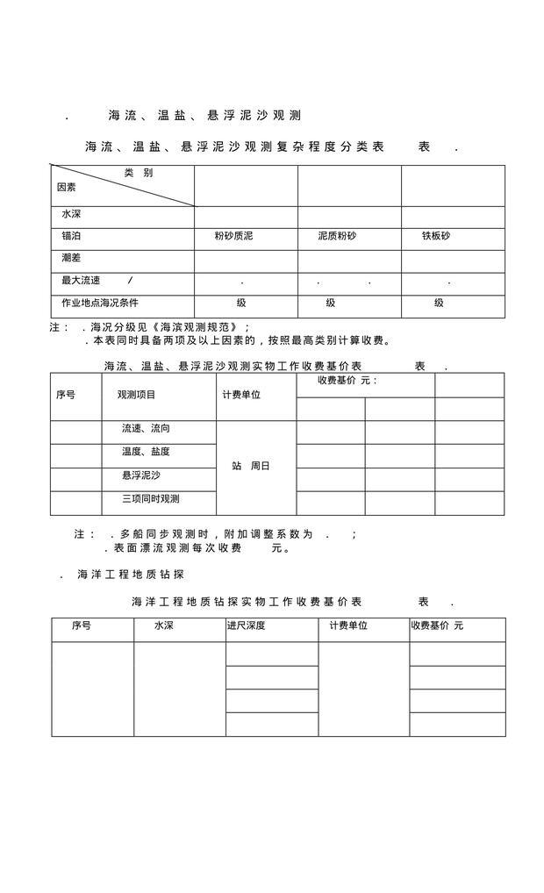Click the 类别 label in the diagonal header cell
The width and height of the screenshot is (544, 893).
(139, 173)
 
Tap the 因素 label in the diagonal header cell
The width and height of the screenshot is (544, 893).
(67, 187)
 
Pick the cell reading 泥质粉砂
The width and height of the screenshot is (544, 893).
(337, 237)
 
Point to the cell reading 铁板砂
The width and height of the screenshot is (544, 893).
(436, 237)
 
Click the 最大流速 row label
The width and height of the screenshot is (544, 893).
(81, 281)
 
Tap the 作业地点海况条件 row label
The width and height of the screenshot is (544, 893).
(99, 303)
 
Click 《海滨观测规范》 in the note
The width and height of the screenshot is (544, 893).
(198, 326)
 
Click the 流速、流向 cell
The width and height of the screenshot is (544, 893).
(146, 429)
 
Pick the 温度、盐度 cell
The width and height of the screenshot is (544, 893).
(146, 452)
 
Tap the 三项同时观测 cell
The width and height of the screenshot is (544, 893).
(151, 499)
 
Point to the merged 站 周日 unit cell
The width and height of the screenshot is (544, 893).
(251, 466)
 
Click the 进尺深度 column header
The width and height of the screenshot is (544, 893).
(246, 626)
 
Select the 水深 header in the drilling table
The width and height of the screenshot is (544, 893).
(164, 626)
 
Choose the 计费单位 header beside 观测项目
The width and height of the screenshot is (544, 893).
(241, 395)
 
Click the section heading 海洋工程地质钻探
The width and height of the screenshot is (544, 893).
(130, 575)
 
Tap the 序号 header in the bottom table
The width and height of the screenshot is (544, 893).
(82, 626)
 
